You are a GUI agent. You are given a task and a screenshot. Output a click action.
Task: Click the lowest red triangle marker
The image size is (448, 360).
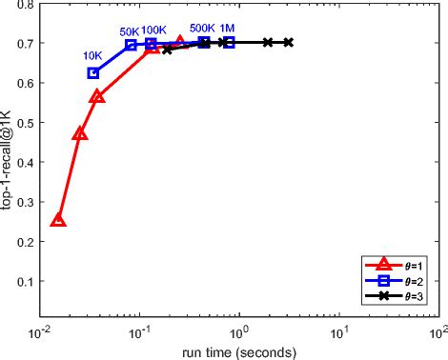[x=58, y=220]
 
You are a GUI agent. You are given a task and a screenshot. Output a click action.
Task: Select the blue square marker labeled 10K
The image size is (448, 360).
[x=93, y=73]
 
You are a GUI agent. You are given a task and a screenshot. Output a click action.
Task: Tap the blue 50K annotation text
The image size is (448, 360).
[x=130, y=31]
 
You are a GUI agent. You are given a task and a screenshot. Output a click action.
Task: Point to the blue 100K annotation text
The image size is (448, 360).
[x=153, y=30]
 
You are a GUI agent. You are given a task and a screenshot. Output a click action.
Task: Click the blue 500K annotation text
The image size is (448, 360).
[x=202, y=29]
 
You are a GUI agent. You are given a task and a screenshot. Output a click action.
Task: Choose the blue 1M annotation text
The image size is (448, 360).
[x=227, y=29]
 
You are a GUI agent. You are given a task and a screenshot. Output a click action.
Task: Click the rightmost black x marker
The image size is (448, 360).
[x=288, y=42]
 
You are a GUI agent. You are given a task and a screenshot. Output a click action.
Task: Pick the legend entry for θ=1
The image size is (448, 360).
[x=394, y=265]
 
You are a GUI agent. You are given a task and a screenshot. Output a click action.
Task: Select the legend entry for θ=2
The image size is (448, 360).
[x=394, y=281]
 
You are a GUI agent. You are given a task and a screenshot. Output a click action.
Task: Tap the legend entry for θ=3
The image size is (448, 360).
[x=394, y=296]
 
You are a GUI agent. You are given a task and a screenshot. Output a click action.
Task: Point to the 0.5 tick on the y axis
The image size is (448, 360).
[x=26, y=122]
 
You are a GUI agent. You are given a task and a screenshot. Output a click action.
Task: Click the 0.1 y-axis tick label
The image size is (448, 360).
[x=26, y=281]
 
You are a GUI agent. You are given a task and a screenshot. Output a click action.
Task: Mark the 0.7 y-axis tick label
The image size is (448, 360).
[x=26, y=43]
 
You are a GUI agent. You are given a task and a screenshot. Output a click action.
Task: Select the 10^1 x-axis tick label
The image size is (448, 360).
[x=338, y=332]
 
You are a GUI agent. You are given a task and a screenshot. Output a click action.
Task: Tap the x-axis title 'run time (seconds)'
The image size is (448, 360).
[x=239, y=352]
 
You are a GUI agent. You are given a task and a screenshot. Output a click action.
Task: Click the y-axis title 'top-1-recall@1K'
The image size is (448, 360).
[x=6, y=160]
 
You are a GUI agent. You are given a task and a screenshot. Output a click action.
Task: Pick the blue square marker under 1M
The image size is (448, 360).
[x=229, y=42]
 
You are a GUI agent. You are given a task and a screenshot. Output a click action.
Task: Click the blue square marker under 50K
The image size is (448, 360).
[x=131, y=45]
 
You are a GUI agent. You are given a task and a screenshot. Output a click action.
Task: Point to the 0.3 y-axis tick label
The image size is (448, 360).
[x=26, y=202]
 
